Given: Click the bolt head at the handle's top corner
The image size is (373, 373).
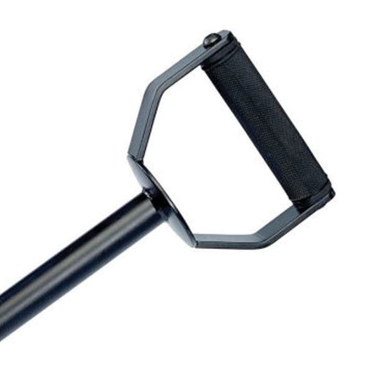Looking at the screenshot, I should [x=211, y=40].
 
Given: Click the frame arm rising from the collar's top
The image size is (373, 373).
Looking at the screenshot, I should [x=137, y=124].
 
